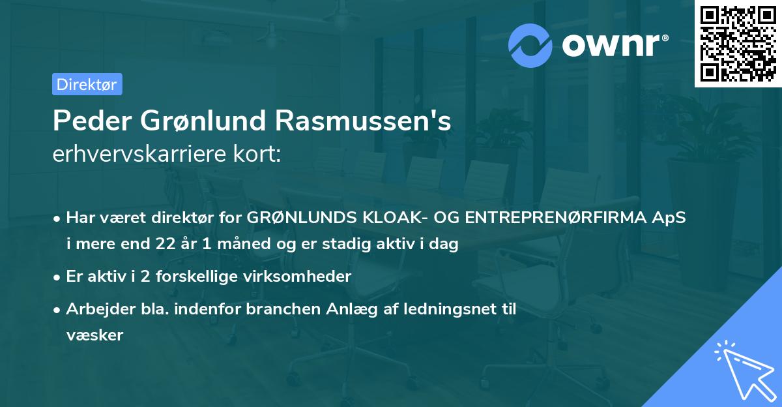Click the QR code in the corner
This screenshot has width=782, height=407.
[x=738, y=43]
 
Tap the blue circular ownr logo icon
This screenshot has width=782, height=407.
[x=531, y=46]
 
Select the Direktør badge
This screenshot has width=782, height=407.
[x=87, y=85]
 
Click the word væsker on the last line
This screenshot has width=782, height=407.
[x=94, y=335]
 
